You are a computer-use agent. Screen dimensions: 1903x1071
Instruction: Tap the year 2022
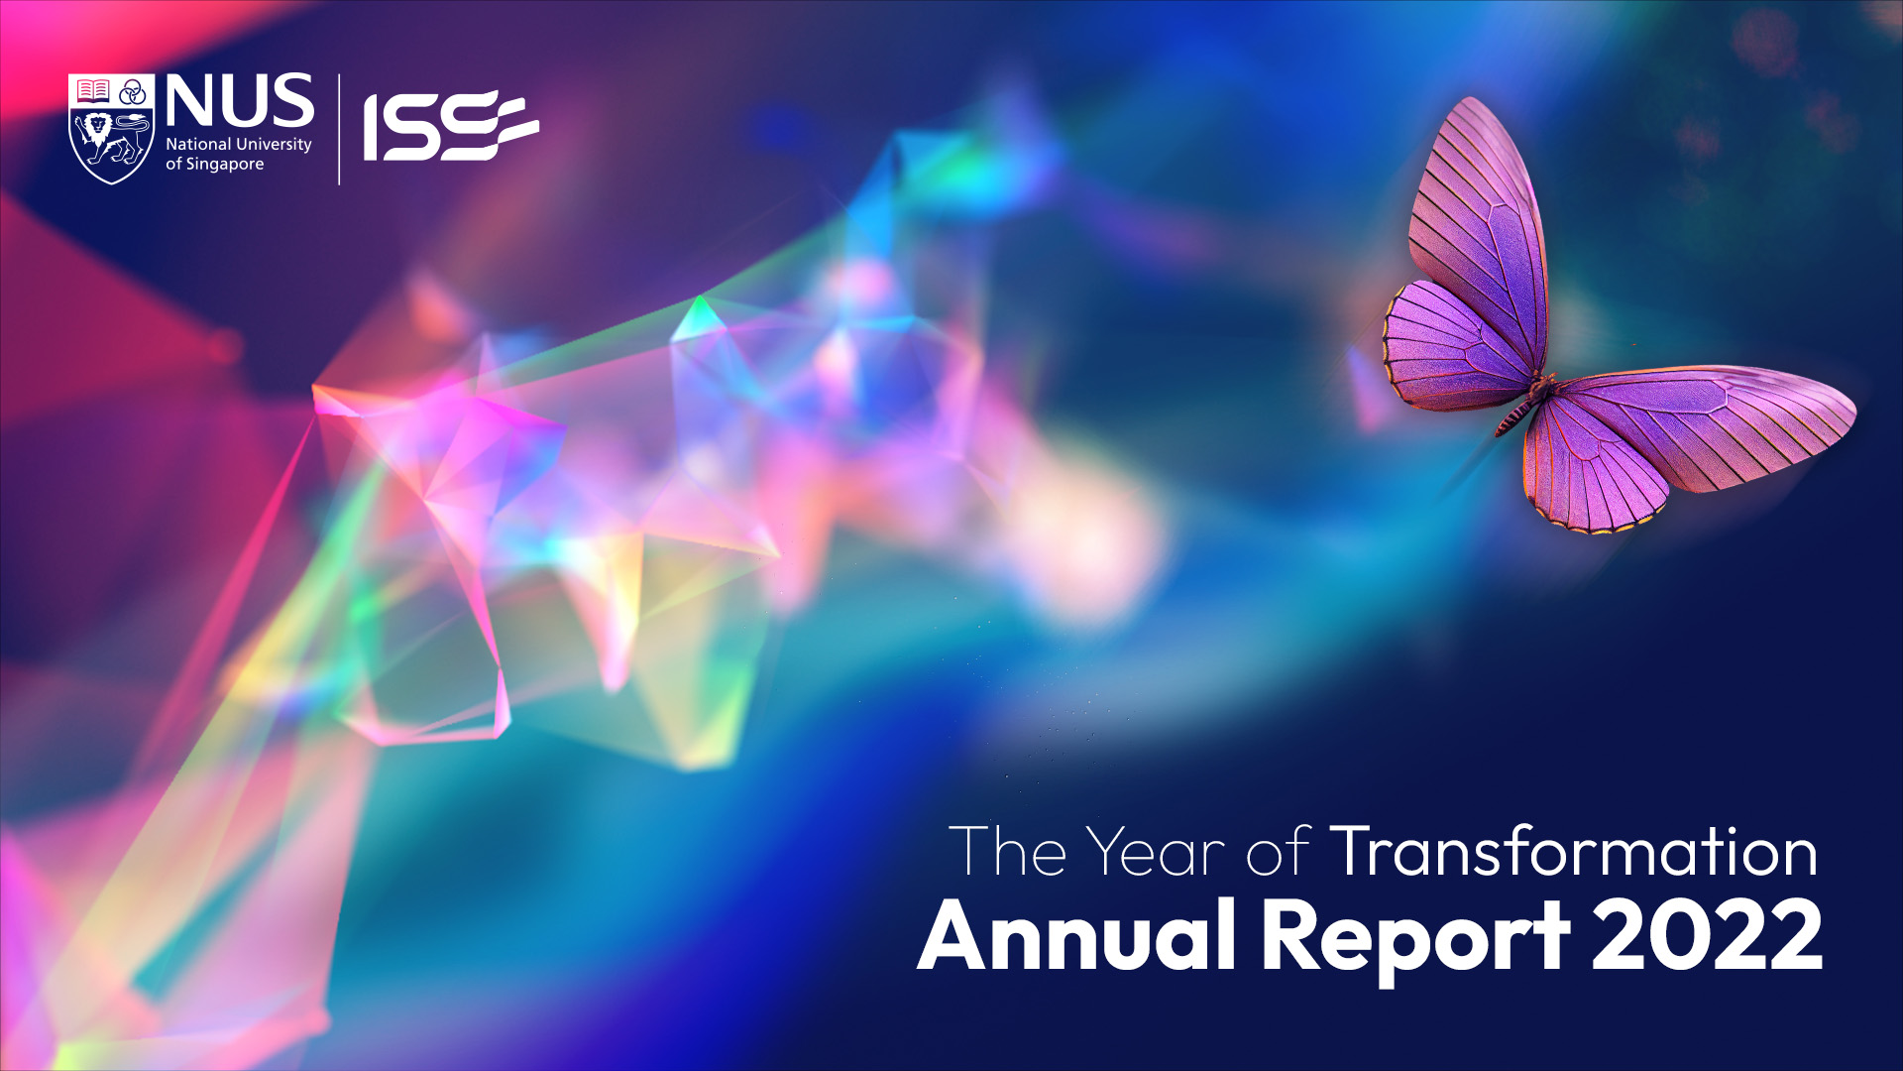click(1707, 935)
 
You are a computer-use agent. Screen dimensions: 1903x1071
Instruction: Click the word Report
click(1415, 940)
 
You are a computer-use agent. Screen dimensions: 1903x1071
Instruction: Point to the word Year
click(1156, 852)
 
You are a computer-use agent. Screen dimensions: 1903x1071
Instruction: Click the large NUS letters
click(240, 101)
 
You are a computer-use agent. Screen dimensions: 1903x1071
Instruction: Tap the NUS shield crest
click(111, 129)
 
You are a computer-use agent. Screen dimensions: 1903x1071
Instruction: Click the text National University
click(239, 145)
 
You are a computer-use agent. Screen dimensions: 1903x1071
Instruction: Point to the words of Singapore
click(215, 165)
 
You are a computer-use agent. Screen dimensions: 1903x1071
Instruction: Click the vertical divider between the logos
click(339, 129)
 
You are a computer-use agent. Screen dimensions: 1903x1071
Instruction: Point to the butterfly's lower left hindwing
click(1455, 345)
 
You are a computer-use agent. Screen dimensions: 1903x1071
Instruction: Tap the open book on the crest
click(93, 91)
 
